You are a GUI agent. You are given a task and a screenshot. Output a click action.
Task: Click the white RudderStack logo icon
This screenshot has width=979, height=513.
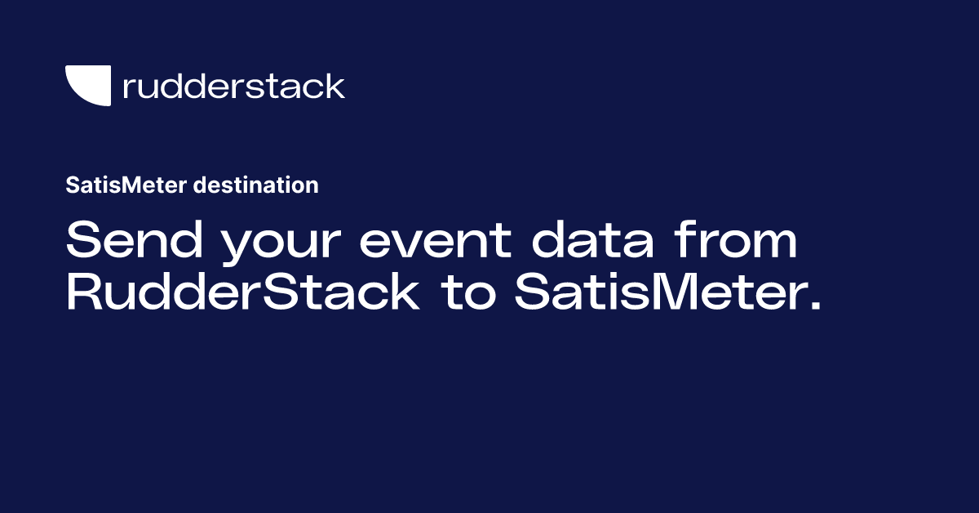(87, 86)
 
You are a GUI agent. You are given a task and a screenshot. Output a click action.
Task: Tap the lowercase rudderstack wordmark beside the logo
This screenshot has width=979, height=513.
(233, 86)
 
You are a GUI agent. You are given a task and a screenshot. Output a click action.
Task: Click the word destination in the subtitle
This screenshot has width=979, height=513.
(256, 185)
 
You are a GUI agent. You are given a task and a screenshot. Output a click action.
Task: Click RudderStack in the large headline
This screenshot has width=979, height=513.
(242, 293)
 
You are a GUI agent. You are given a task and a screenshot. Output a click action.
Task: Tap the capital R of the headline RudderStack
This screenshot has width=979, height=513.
(84, 293)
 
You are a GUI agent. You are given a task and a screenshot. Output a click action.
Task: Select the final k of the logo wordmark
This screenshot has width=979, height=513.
(336, 86)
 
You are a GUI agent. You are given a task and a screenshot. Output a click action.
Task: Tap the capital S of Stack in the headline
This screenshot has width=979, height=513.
(281, 293)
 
